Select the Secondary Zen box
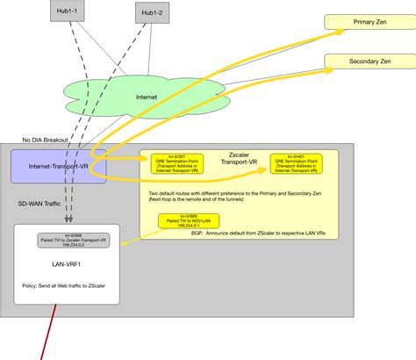tap(369, 61)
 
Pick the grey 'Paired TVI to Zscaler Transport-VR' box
tap(62, 239)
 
